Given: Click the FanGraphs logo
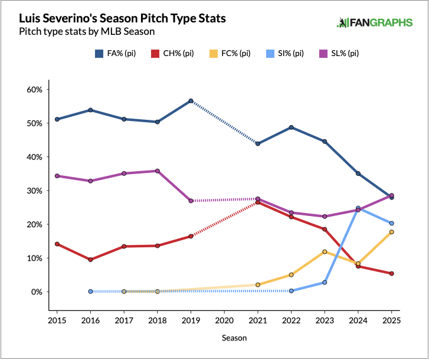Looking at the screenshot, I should (x=375, y=23).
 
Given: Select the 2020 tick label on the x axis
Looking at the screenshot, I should (x=224, y=320).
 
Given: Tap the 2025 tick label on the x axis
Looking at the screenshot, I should (x=392, y=320).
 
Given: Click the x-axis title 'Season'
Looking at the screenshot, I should (x=234, y=338).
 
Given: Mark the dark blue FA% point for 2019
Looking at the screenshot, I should (x=191, y=101).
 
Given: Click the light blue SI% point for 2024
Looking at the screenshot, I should (x=358, y=208).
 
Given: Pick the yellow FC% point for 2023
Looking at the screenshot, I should (x=325, y=252).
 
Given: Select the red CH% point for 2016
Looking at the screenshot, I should (x=90, y=260).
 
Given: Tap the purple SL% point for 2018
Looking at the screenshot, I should (x=157, y=171).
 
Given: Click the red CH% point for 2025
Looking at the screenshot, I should (x=392, y=273).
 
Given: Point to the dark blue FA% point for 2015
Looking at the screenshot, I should (x=57, y=119).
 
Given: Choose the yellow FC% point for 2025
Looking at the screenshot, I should (x=392, y=232).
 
